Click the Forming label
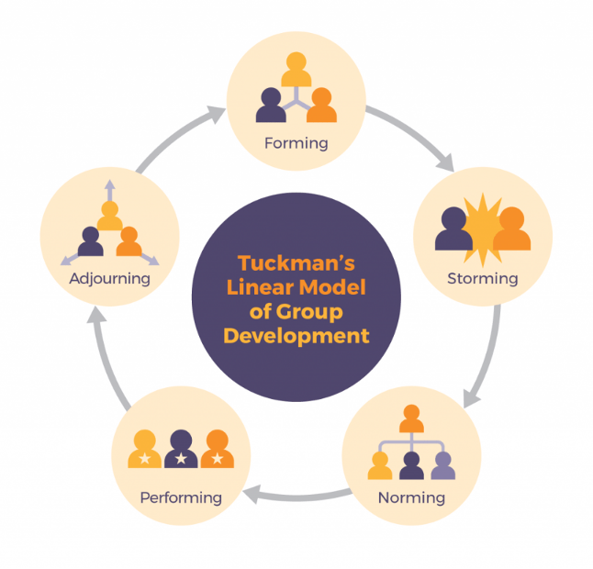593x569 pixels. [x=296, y=143]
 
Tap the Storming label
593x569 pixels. [x=482, y=277]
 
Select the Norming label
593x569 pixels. [x=411, y=498]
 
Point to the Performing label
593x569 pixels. [x=181, y=498]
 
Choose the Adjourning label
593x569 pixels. [x=109, y=277]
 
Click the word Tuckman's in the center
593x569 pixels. [x=296, y=262]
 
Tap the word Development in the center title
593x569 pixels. [x=296, y=335]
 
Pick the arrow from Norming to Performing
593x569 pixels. [x=296, y=496]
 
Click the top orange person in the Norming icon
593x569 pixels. [x=410, y=418]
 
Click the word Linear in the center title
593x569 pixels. [x=261, y=286]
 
